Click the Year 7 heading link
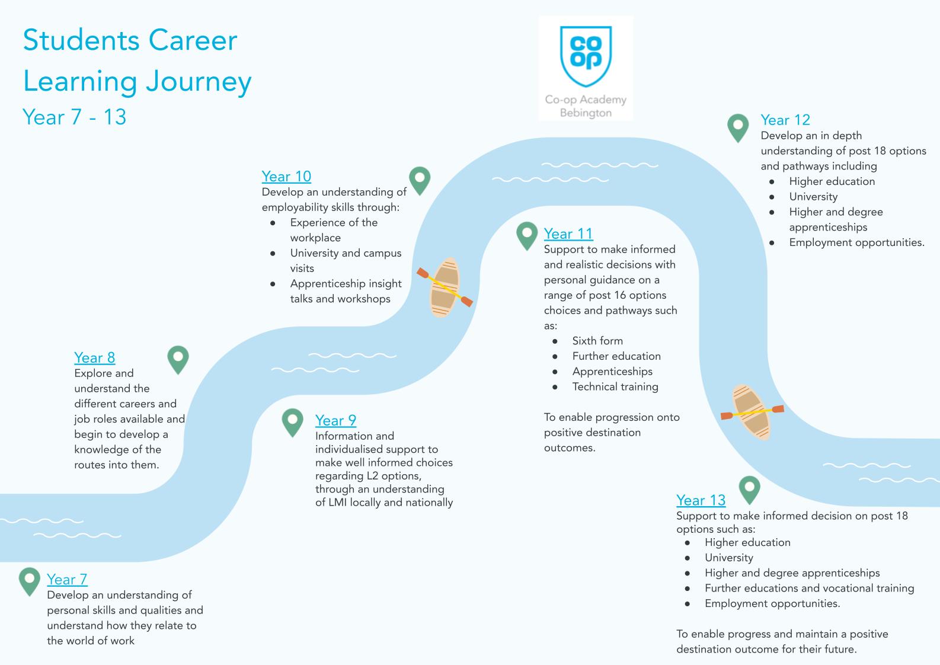(x=67, y=579)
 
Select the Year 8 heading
(x=95, y=357)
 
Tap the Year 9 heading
(x=335, y=420)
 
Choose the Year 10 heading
(x=286, y=176)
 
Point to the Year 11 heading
(x=568, y=234)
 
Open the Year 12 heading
(x=785, y=120)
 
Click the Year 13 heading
(x=701, y=500)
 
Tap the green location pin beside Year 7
(x=29, y=580)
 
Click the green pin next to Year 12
(x=738, y=127)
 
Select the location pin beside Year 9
(x=292, y=421)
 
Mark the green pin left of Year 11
(x=527, y=235)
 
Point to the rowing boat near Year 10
(x=445, y=287)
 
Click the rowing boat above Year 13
(x=752, y=411)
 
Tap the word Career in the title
(x=193, y=40)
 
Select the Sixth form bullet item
(x=597, y=341)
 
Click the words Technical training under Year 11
(x=615, y=386)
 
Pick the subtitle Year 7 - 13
(x=75, y=117)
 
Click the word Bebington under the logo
(x=586, y=113)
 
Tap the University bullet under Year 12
(x=813, y=197)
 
